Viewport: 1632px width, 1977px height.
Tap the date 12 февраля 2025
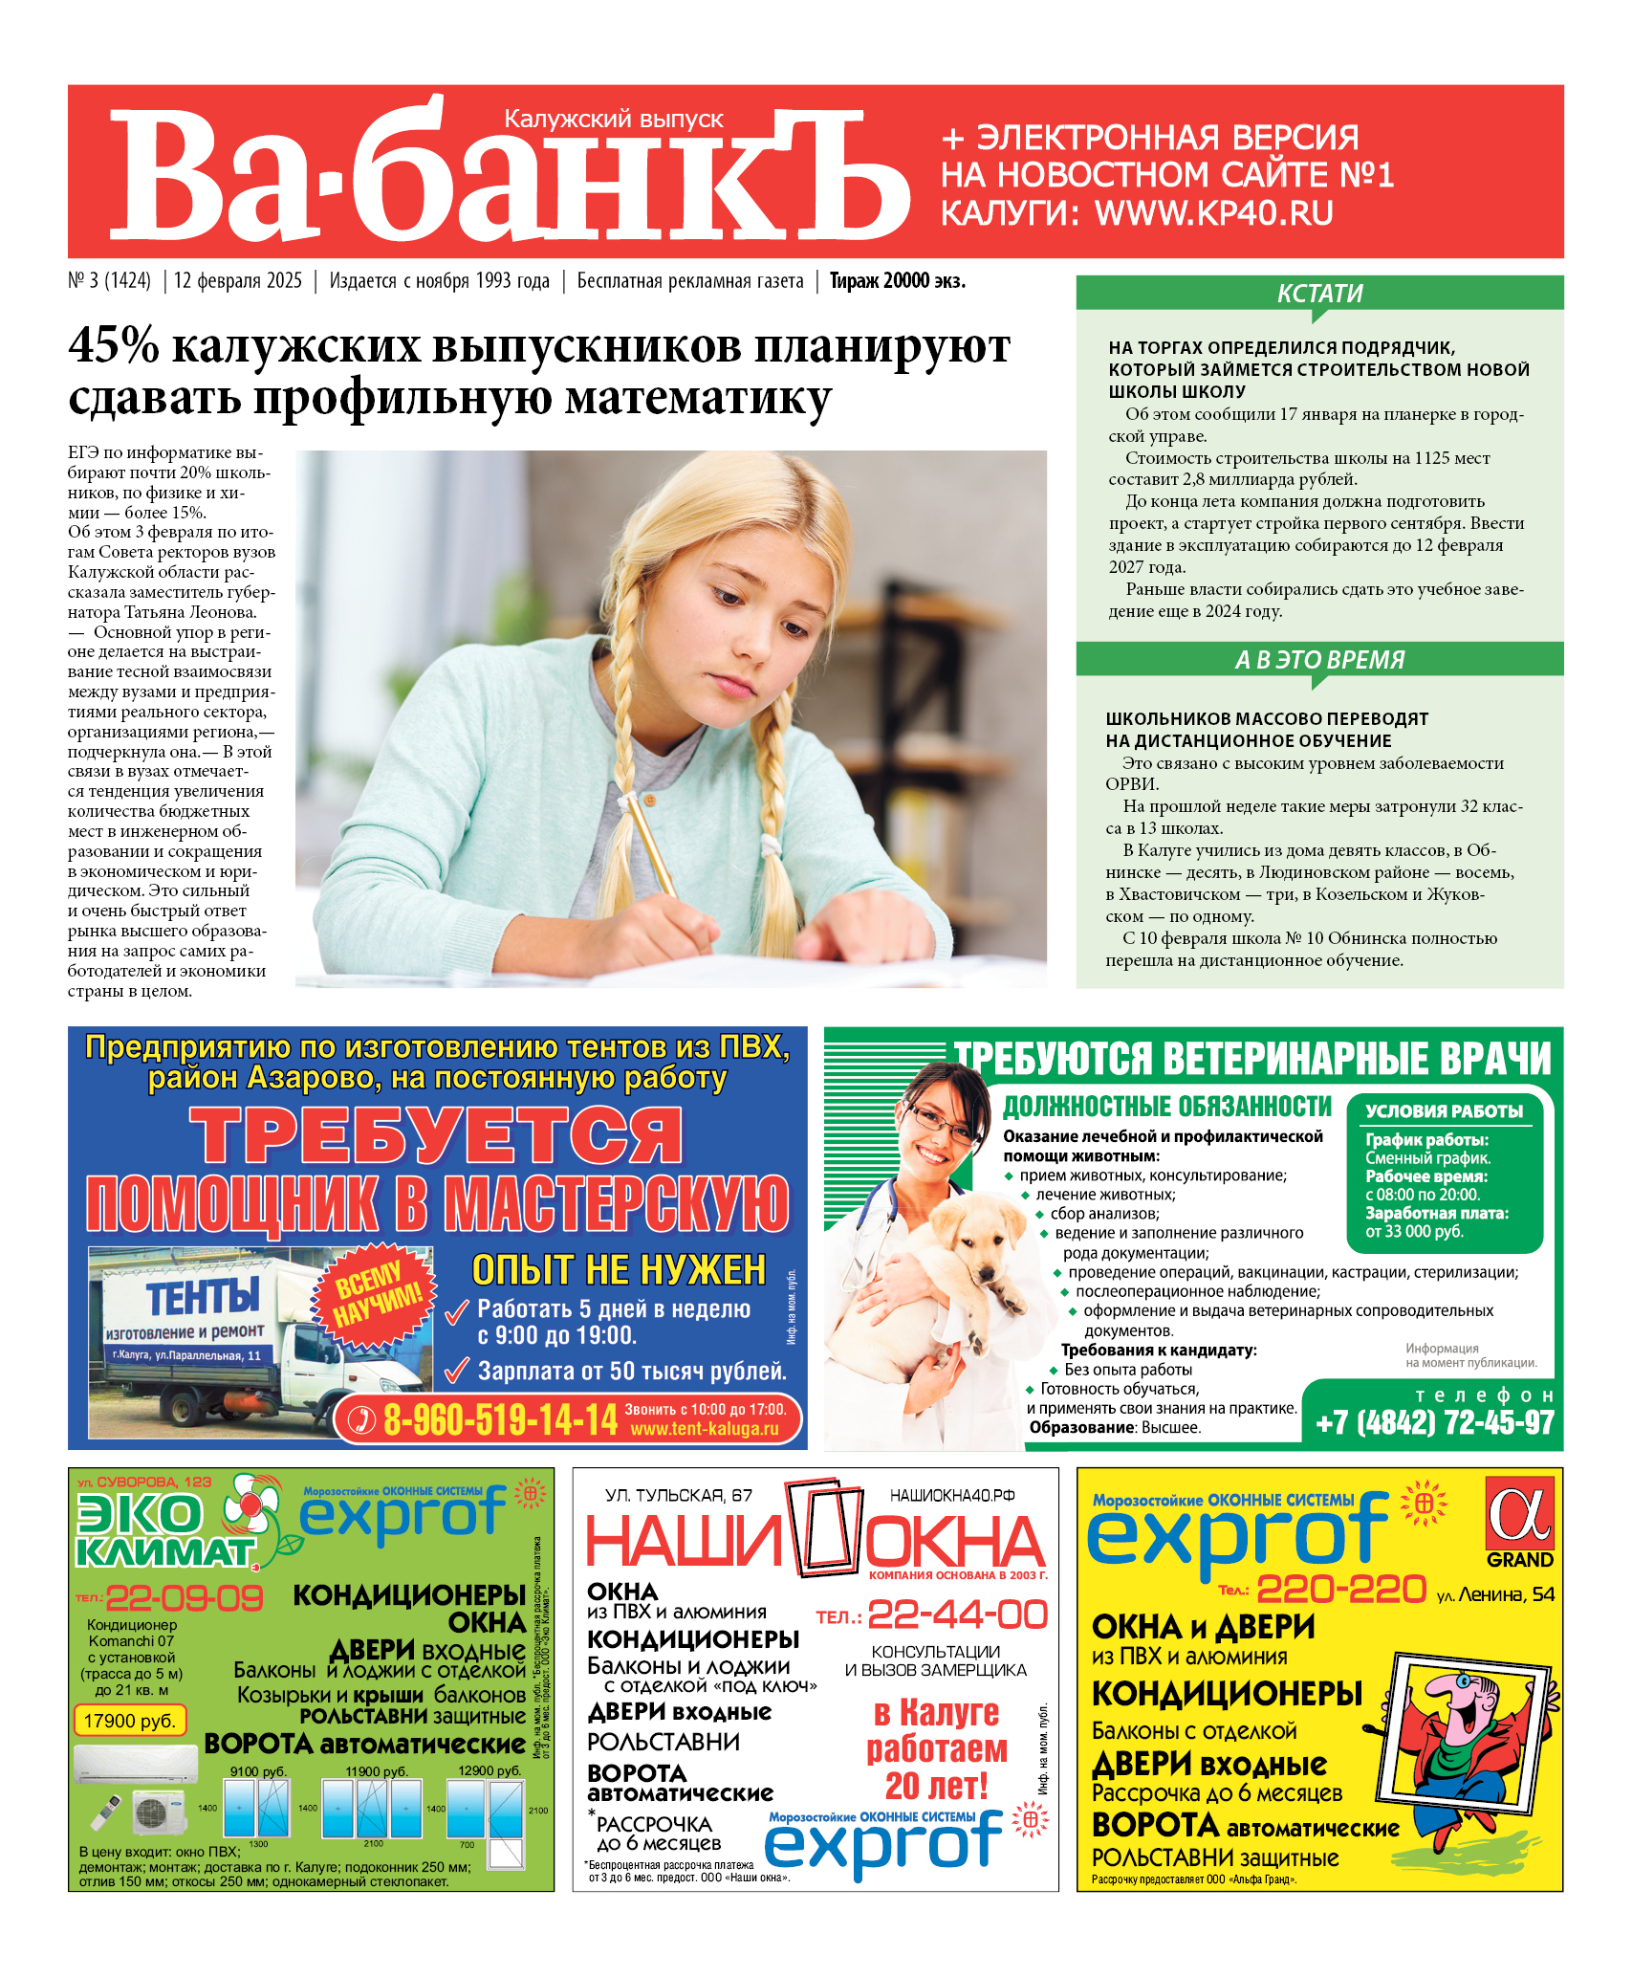coord(237,281)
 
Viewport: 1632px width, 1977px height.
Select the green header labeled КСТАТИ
coord(1319,294)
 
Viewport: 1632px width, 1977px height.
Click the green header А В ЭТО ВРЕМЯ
coord(1319,660)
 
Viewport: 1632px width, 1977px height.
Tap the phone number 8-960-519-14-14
coord(500,1419)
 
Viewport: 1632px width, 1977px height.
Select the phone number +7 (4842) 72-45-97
coord(1434,1422)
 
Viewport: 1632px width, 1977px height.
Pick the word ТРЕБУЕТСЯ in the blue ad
coord(436,1135)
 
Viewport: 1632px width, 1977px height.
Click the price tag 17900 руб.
coord(129,1721)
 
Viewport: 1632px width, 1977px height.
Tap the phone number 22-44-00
coord(957,1615)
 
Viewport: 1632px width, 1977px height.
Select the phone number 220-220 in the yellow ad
coord(1341,1590)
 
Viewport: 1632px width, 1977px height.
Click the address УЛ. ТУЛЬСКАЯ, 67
coord(679,1495)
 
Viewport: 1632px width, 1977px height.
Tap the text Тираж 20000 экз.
coord(897,281)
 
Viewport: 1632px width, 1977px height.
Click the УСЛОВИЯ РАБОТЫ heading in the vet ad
coord(1444,1111)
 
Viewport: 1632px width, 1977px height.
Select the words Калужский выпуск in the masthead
coord(614,120)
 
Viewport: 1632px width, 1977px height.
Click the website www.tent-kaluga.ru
coord(705,1429)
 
